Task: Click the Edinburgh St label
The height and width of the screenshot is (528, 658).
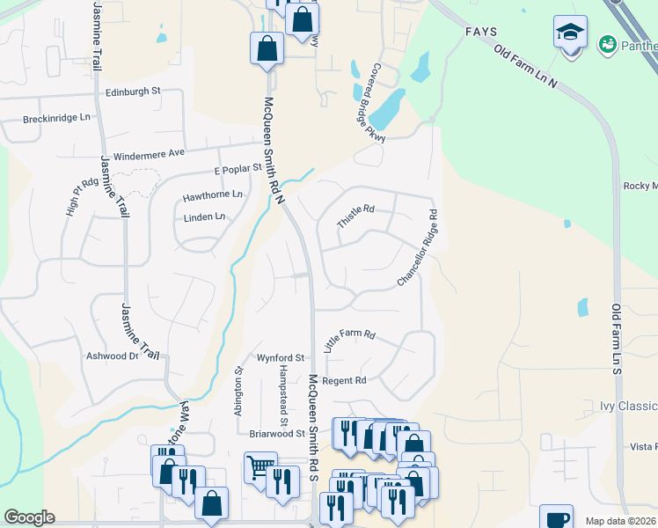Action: pyautogui.click(x=133, y=91)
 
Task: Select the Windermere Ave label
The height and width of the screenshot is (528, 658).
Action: pyautogui.click(x=149, y=153)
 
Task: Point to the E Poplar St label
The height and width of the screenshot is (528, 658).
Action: pyautogui.click(x=238, y=167)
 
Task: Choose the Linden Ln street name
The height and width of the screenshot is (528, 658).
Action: pyautogui.click(x=204, y=216)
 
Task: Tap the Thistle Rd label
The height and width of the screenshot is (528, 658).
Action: pyautogui.click(x=356, y=216)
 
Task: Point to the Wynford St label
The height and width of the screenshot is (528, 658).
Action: pyautogui.click(x=280, y=358)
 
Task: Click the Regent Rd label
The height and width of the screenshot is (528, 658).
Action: pyautogui.click(x=344, y=381)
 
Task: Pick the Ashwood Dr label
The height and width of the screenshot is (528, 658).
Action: pyautogui.click(x=112, y=356)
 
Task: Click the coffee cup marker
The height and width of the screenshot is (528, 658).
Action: pyautogui.click(x=556, y=519)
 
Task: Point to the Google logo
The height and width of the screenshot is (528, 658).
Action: pyautogui.click(x=29, y=517)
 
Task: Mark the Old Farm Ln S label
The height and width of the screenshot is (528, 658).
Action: pyautogui.click(x=617, y=340)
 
